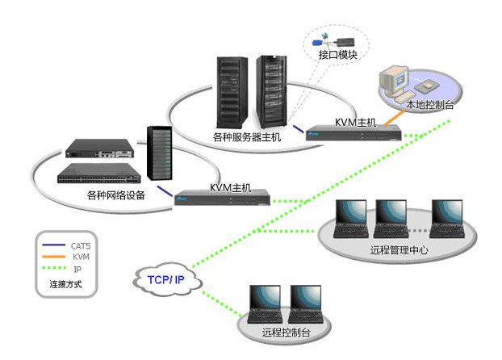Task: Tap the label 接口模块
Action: [337, 55]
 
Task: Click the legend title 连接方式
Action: [66, 285]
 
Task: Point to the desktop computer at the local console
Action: [396, 81]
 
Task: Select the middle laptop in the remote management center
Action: [391, 220]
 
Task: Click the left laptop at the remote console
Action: [266, 304]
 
